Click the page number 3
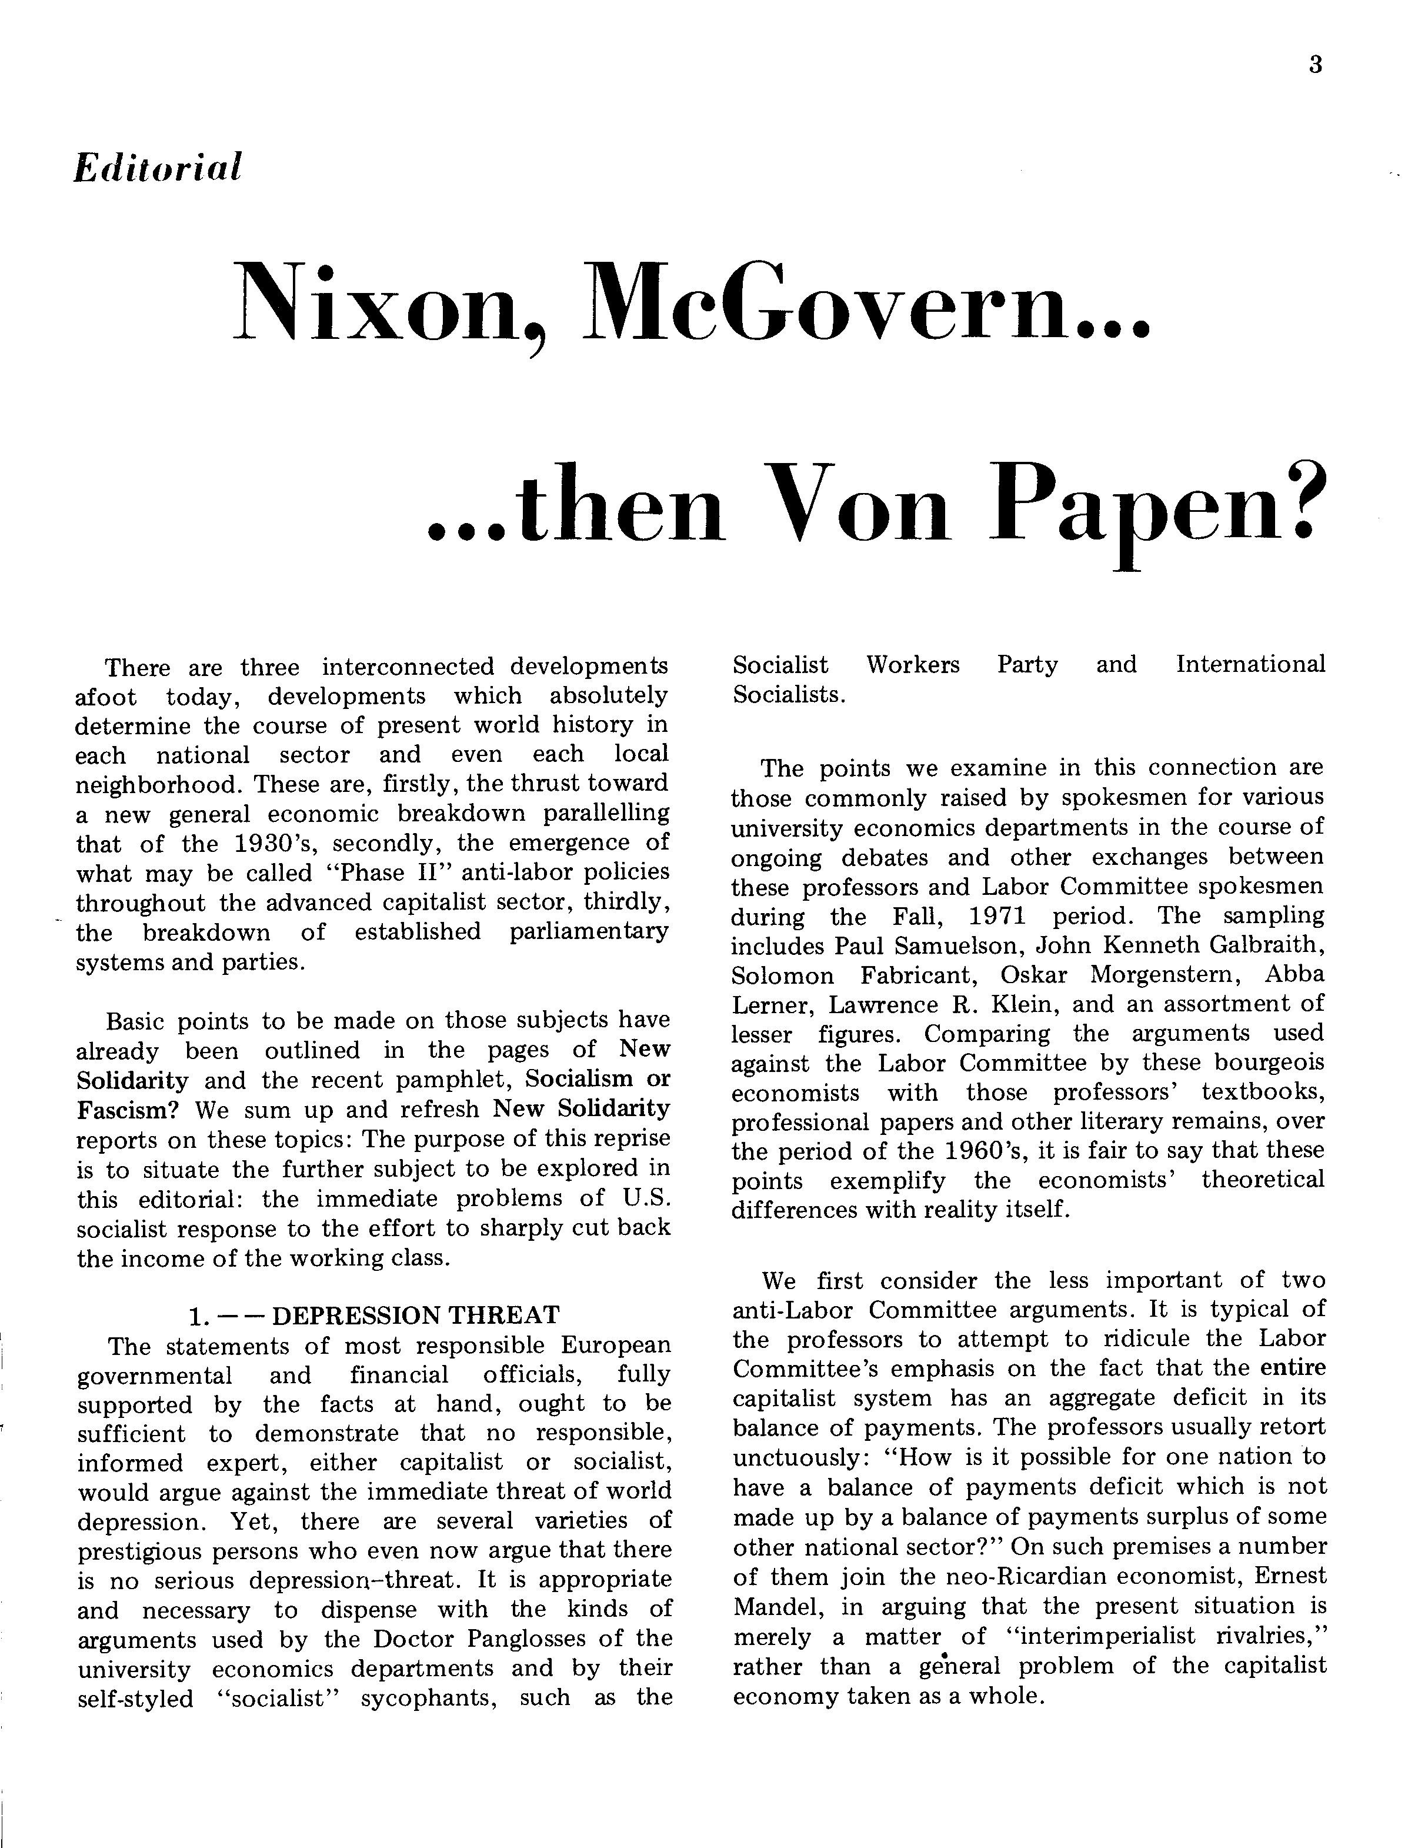1315,65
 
